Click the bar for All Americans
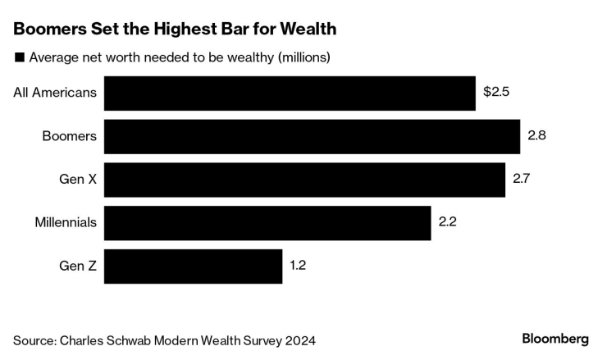[290, 93]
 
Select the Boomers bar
[312, 136]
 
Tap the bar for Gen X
[304, 180]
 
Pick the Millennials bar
[267, 223]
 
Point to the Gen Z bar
[194, 267]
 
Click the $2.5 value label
[496, 93]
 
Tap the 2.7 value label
[522, 180]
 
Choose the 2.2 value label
[448, 223]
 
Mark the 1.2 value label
[299, 267]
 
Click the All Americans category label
[55, 93]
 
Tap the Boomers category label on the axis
[70, 136]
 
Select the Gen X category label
[78, 180]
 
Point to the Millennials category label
[66, 223]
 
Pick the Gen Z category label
[78, 267]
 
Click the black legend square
[19, 57]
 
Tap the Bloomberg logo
[555, 339]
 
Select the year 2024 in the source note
[299, 339]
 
